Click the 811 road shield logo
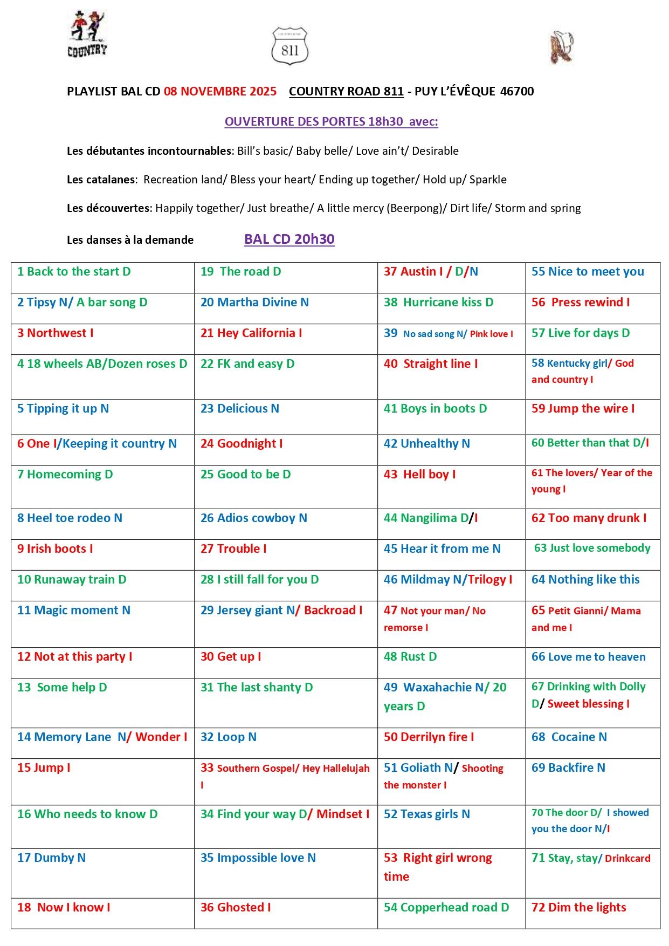coord(290,47)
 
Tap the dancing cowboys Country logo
coord(87,34)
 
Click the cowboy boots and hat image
coord(561,47)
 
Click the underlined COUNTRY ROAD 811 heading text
coord(346,91)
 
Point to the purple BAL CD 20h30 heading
coord(289,239)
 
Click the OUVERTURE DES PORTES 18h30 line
coord(331,121)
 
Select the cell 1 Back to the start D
coord(74,271)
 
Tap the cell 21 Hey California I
coord(251,333)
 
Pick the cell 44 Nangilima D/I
coord(431,518)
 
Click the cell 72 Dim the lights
coord(579,907)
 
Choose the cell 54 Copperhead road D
coord(446,907)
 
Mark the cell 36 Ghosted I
coord(236,907)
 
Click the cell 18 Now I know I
coord(64,907)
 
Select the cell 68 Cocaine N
coord(569,737)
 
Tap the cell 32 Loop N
coord(229,737)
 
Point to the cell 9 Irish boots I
coord(55,549)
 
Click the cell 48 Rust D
coord(410,656)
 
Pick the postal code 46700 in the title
coord(517,91)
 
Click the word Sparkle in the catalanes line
coord(488,180)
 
